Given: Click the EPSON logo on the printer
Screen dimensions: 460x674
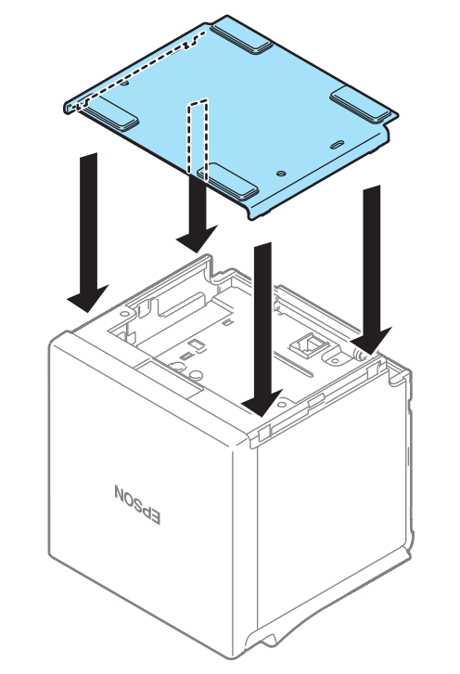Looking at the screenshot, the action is tap(138, 505).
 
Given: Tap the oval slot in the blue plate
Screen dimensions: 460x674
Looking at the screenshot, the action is tap(337, 145).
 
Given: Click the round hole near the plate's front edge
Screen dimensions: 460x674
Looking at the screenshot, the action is tap(281, 174).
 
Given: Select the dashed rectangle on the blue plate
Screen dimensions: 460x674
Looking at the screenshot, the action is tap(198, 140).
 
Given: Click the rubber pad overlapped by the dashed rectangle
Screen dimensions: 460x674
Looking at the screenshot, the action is tap(227, 181).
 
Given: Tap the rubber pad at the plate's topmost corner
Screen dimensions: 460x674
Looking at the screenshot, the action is tap(241, 35).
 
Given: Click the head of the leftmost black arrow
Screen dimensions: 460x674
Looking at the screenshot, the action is tap(87, 297).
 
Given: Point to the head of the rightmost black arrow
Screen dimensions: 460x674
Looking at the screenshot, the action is tap(371, 342).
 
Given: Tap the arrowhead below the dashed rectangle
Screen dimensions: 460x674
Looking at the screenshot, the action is tap(197, 239).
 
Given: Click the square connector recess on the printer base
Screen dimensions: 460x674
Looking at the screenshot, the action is tap(310, 344).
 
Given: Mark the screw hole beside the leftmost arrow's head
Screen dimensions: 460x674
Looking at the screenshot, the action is tap(124, 314).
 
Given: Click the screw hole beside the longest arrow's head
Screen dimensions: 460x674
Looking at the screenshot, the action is tap(281, 404).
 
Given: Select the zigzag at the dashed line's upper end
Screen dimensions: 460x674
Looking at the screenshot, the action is tap(193, 41).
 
